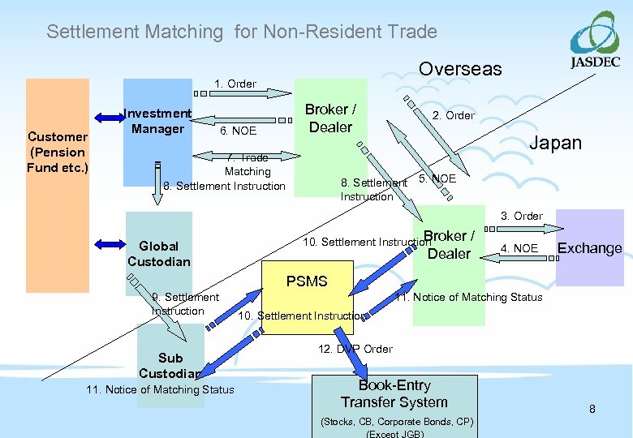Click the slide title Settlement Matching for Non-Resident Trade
pos(242,32)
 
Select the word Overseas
pos(460,69)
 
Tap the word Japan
pos(555,143)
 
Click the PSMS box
pos(307,296)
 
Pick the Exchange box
pos(589,248)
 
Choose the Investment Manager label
pos(157,121)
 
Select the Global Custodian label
pos(158,253)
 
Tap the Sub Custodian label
pos(170,366)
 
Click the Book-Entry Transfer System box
pos(394,394)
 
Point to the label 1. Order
pos(235,84)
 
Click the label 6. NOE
pos(238,131)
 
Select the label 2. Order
pos(453,115)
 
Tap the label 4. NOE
pos(519,248)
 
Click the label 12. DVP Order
pos(355,349)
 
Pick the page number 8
pos(592,409)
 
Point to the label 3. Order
pos(522,216)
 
